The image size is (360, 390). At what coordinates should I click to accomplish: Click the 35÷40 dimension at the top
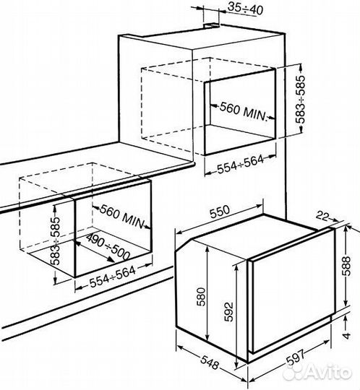point(245,9)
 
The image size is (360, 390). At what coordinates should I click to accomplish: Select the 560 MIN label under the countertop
point(122,216)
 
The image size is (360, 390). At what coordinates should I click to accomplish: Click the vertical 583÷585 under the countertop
point(55,241)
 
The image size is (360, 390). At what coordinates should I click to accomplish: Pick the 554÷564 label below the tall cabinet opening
point(241,164)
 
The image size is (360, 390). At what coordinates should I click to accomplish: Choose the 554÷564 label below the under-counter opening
point(113,277)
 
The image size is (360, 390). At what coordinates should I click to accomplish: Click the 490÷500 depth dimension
point(108,247)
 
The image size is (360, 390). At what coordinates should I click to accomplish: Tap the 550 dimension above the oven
point(219,212)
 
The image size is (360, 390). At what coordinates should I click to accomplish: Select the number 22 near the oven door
point(323,216)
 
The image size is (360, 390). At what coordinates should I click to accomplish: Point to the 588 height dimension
point(346,266)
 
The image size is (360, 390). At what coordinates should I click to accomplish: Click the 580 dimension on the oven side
point(201,297)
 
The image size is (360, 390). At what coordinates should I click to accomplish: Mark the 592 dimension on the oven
point(228,312)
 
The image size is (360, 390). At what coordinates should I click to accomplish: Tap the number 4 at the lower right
point(346,335)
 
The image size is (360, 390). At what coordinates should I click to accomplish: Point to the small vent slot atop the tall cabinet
point(211,25)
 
